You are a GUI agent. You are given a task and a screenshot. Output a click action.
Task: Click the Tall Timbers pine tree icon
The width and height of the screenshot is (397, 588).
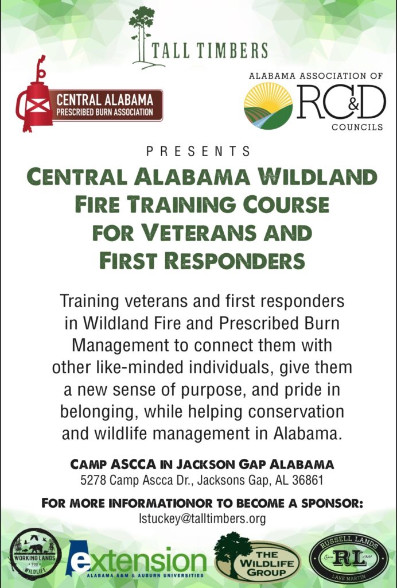[x=142, y=37]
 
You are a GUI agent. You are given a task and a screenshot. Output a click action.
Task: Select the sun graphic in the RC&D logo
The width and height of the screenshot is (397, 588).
[x=268, y=96]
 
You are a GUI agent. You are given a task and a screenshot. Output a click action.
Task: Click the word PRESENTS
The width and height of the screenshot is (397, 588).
[x=198, y=152]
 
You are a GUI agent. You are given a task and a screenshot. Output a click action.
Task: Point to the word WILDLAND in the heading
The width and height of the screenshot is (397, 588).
[x=318, y=177]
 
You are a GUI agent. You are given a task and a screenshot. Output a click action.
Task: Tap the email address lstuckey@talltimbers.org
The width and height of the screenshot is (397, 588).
[x=203, y=519]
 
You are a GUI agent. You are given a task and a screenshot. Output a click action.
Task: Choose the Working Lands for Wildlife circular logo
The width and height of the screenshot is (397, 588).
[x=36, y=554]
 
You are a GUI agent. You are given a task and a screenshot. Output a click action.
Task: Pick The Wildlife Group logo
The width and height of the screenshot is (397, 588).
[x=258, y=558]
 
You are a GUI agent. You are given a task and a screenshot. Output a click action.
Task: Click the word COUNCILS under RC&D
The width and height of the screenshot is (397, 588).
[x=357, y=127]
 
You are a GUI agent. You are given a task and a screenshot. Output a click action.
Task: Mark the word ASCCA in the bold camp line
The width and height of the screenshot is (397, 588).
[x=133, y=464]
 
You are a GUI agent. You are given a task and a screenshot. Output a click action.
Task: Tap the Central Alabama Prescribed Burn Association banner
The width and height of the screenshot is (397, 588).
[x=107, y=105]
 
